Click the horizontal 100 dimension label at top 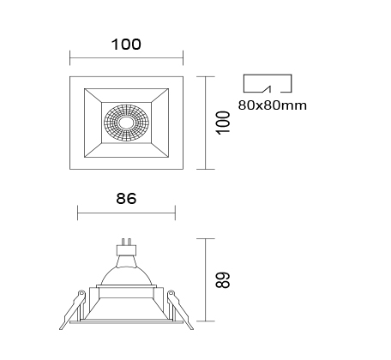126,45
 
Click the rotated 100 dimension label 224,123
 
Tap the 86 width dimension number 126,199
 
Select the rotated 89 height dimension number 224,280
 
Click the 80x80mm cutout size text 273,105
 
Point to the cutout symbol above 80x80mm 268,83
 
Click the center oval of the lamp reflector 126,123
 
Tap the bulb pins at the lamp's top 126,243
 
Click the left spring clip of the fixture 73,310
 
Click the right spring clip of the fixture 180,310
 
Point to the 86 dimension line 126,213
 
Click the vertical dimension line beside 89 206,279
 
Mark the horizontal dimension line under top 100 126,57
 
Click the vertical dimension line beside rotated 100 206,123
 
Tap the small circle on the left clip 81,293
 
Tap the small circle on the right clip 171,293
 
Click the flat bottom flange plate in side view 126,322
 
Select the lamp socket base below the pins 126,251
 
